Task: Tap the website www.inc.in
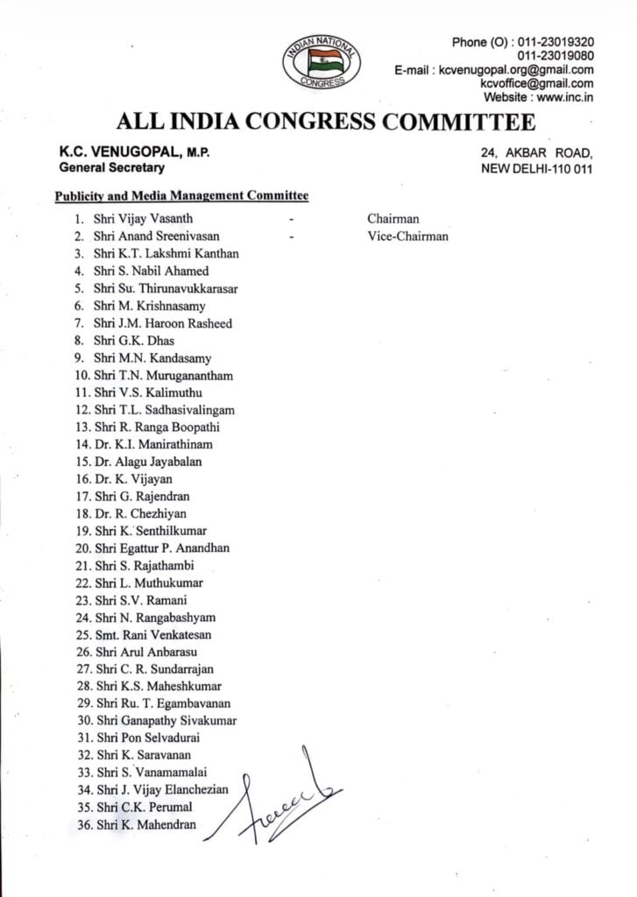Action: (561, 97)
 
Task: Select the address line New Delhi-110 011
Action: (536, 168)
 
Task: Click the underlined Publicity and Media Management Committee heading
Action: (181, 196)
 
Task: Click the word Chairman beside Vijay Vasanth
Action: (393, 219)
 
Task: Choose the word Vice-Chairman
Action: (407, 236)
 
